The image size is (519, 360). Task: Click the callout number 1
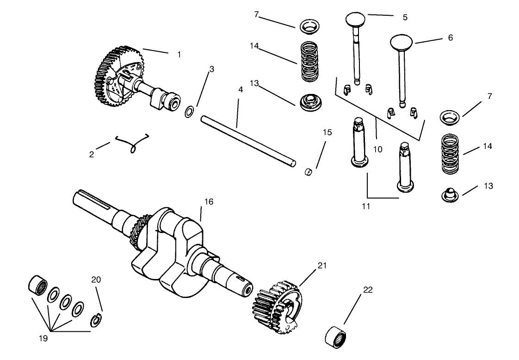[x=179, y=55]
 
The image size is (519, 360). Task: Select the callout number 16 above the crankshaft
[x=209, y=202]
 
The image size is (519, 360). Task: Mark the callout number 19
[x=42, y=338]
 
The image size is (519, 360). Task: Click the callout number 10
[x=378, y=149]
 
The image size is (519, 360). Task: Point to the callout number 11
[x=366, y=206]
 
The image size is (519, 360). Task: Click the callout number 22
[x=368, y=290]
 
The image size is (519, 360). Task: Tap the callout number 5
[x=405, y=17]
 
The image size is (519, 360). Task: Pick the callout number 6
[x=450, y=38]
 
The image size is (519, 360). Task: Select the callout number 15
[x=327, y=132]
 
